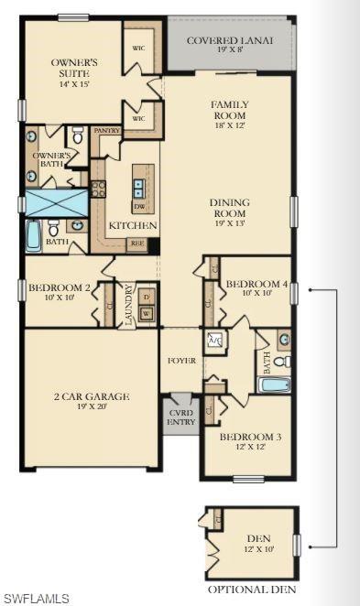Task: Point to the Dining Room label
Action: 229,209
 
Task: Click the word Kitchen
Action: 133,226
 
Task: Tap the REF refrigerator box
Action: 136,243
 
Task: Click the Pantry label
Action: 107,131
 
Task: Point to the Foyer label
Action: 181,361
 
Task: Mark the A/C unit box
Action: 216,340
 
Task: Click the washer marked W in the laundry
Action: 146,314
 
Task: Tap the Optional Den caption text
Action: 252,590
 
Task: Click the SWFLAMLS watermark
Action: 36,599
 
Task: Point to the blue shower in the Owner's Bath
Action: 55,202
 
